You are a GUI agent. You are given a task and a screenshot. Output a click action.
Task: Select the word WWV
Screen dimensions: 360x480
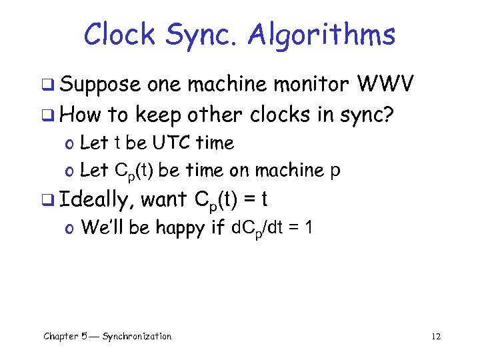click(387, 85)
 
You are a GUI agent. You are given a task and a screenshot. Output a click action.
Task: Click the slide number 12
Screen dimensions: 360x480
click(436, 336)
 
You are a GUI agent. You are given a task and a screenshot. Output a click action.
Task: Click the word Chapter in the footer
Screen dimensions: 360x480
click(61, 336)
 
